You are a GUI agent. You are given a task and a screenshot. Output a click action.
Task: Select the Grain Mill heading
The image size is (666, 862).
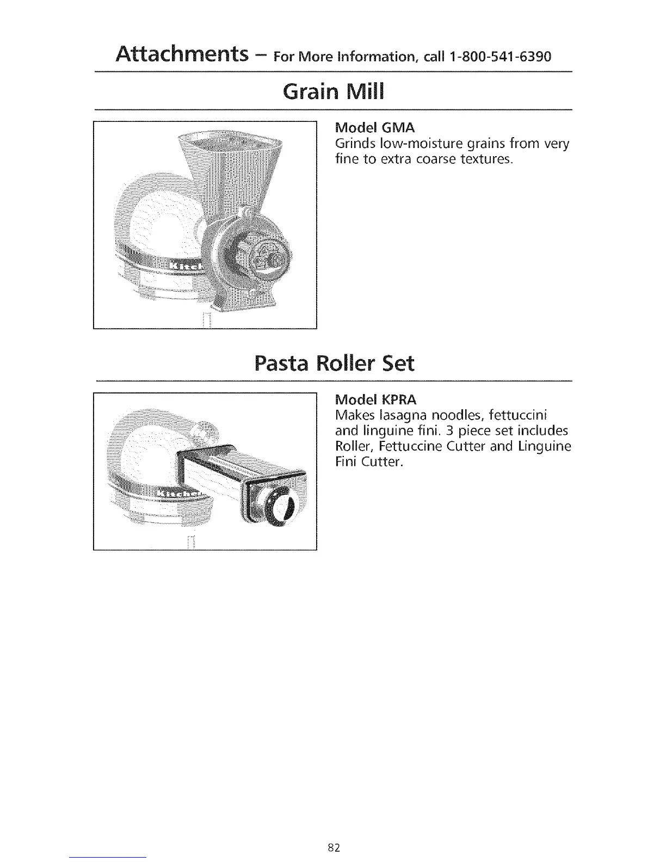pyautogui.click(x=333, y=92)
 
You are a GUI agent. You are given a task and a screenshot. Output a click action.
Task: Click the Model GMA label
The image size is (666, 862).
pyautogui.click(x=375, y=128)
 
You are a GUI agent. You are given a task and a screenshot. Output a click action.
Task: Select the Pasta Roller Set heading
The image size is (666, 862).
pyautogui.click(x=334, y=363)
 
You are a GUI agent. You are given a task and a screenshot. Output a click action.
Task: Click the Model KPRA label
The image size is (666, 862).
pyautogui.click(x=377, y=400)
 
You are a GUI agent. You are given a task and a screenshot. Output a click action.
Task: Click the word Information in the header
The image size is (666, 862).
pyautogui.click(x=378, y=57)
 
